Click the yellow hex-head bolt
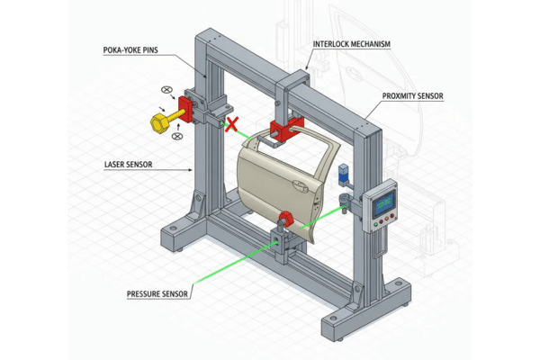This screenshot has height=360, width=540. click(x=158, y=120)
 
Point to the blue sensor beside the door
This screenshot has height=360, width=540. click(x=343, y=175)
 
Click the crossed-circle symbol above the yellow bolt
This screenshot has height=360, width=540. click(x=166, y=91)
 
